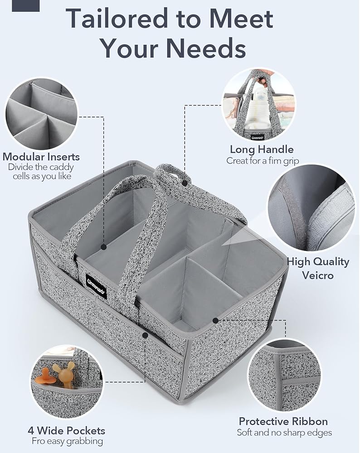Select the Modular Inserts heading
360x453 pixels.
41,157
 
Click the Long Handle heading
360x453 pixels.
262,149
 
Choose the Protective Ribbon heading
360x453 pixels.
283,421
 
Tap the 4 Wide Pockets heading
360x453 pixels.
66,430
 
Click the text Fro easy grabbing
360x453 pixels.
67,441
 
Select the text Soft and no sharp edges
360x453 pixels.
284,433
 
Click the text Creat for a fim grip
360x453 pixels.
263,160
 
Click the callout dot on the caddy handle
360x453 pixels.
185,183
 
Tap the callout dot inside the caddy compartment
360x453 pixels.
104,247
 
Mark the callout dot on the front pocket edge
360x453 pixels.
145,335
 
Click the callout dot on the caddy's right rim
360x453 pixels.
216,320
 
